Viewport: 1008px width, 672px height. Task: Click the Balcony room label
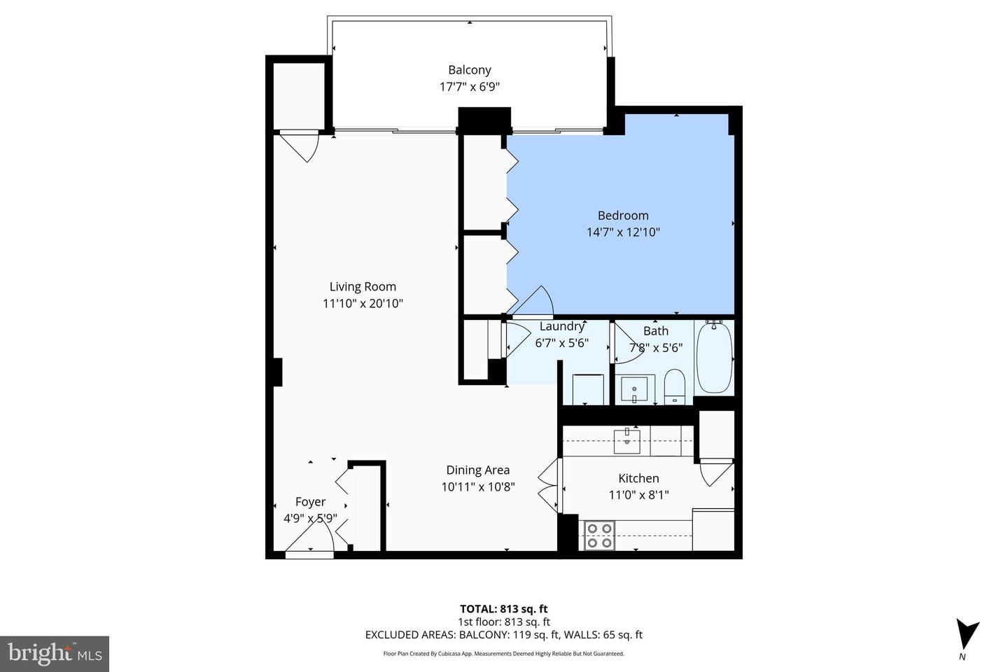[x=469, y=70]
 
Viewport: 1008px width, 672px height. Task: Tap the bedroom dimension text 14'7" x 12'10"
[x=623, y=232]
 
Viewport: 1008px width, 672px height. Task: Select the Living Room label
[x=363, y=286]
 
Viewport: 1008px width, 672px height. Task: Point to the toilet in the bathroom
[x=673, y=386]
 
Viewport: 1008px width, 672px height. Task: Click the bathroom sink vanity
[x=635, y=388]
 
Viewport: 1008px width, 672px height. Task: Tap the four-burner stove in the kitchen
[x=599, y=535]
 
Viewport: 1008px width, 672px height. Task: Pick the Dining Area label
[x=478, y=470]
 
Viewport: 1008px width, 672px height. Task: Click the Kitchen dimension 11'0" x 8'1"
[x=638, y=495]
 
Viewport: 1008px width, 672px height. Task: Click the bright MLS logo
[x=54, y=654]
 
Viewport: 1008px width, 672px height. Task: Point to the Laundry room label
[x=561, y=326]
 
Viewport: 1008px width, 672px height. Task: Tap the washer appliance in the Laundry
[x=587, y=389]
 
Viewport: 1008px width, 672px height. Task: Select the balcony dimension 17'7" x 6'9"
[x=469, y=87]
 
